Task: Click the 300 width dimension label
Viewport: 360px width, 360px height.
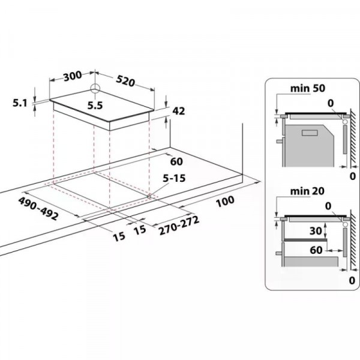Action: click(x=71, y=76)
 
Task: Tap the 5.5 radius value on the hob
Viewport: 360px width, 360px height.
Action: click(x=95, y=106)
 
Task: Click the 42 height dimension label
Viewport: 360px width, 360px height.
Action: click(x=178, y=110)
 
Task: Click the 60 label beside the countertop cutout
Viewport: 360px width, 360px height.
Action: click(x=176, y=161)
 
